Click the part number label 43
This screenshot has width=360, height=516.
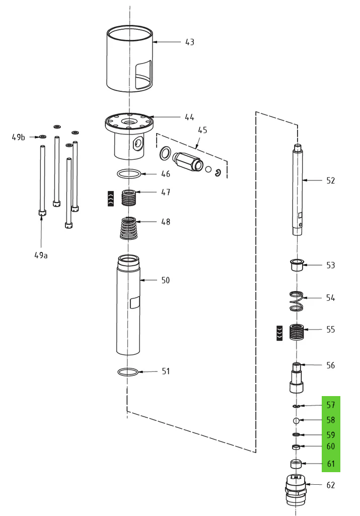(189, 42)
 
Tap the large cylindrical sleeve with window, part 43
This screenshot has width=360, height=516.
(130, 60)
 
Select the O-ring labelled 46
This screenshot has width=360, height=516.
(129, 174)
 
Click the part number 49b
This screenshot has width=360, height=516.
(19, 137)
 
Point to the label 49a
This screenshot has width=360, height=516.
(41, 255)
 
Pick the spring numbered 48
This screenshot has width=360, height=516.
(130, 228)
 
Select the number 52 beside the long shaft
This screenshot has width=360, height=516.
(330, 180)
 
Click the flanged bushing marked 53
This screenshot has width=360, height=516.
(297, 265)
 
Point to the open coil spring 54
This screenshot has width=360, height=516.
(298, 301)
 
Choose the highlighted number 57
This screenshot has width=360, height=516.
(330, 405)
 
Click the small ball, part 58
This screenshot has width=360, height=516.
(297, 421)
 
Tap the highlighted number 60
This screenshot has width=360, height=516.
(330, 446)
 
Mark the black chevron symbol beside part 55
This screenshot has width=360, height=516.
(279, 333)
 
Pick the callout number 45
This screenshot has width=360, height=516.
(202, 130)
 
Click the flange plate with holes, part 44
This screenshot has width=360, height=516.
(129, 122)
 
